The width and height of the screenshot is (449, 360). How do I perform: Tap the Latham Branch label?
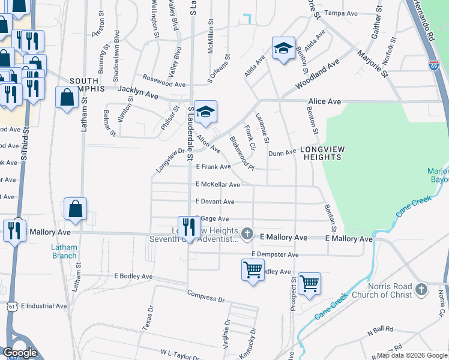click(x=63, y=251)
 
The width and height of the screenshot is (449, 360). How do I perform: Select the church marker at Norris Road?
click(x=421, y=290)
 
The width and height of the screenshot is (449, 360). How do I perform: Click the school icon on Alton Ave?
click(x=205, y=112)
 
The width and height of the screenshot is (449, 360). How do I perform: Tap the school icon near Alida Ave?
click(x=283, y=49)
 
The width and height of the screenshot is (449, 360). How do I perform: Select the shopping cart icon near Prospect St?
click(x=309, y=284)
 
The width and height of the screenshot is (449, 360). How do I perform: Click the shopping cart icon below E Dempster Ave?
click(x=253, y=270)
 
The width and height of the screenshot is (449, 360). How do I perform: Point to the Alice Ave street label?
click(x=324, y=102)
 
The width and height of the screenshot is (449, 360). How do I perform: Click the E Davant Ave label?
click(x=214, y=202)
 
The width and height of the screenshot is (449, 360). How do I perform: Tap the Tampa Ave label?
click(x=340, y=13)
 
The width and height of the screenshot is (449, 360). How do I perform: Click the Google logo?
click(x=20, y=353)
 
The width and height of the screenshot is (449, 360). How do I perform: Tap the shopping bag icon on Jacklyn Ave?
click(x=65, y=97)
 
